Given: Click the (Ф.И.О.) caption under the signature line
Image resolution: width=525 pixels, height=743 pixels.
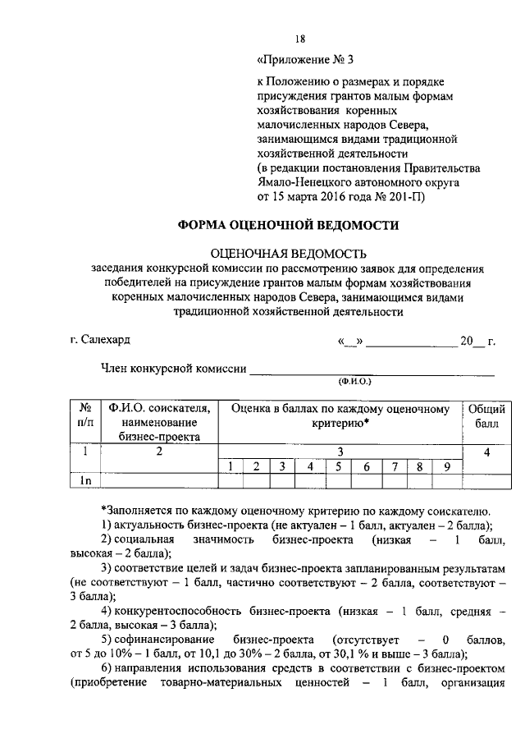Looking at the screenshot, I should coord(354,382).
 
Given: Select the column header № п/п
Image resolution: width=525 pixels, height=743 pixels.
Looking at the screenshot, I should coord(84,415).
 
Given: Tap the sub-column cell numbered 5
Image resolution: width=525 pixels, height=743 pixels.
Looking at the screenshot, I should coord(337,467).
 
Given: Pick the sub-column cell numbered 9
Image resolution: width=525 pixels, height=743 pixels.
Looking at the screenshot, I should coord(447,467).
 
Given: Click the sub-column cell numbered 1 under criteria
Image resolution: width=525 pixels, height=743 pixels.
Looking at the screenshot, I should coord(231,467).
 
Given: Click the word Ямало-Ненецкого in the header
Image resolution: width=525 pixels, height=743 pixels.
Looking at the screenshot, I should coord(308,183).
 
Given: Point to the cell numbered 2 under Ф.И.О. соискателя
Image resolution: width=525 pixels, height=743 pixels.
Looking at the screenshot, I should coord(159,452).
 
